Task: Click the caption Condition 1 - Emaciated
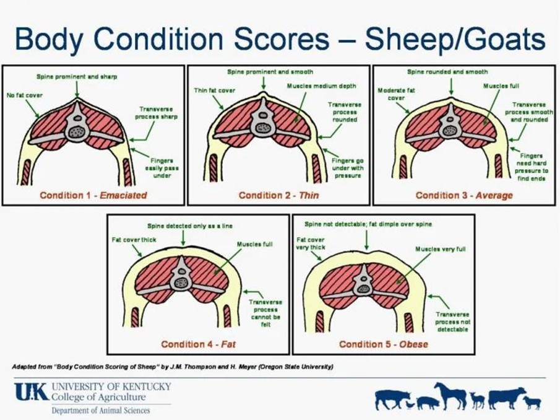pos(93,195)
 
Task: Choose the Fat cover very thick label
pos(311,243)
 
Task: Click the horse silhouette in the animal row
pos(450,395)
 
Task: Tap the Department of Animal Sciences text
pos(101,410)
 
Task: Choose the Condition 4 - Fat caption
pos(199,344)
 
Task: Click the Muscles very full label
pos(440,249)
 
